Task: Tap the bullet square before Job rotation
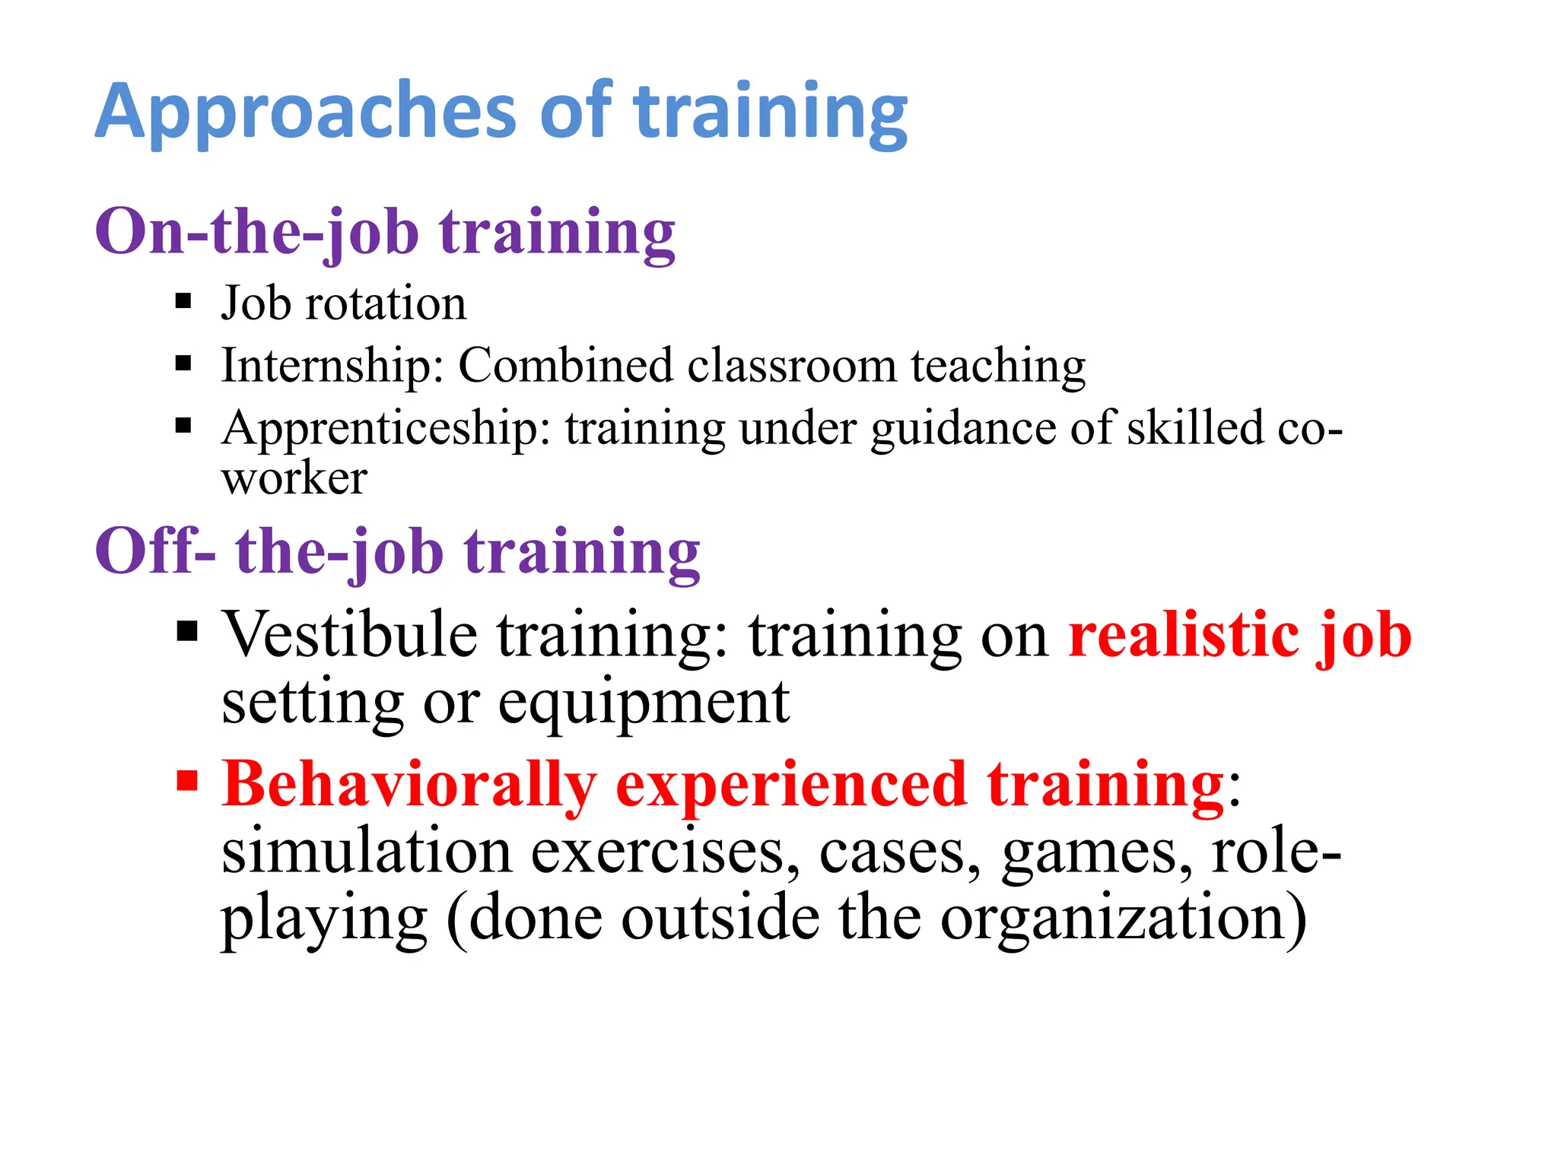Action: coord(183,301)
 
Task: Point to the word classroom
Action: coord(792,366)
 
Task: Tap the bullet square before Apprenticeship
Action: coord(183,425)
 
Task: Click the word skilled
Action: coord(1194,427)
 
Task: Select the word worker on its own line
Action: coord(294,479)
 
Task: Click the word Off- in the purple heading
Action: coord(155,551)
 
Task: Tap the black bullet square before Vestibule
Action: coord(186,631)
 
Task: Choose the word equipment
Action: coord(644,703)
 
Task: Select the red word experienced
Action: coord(791,786)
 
